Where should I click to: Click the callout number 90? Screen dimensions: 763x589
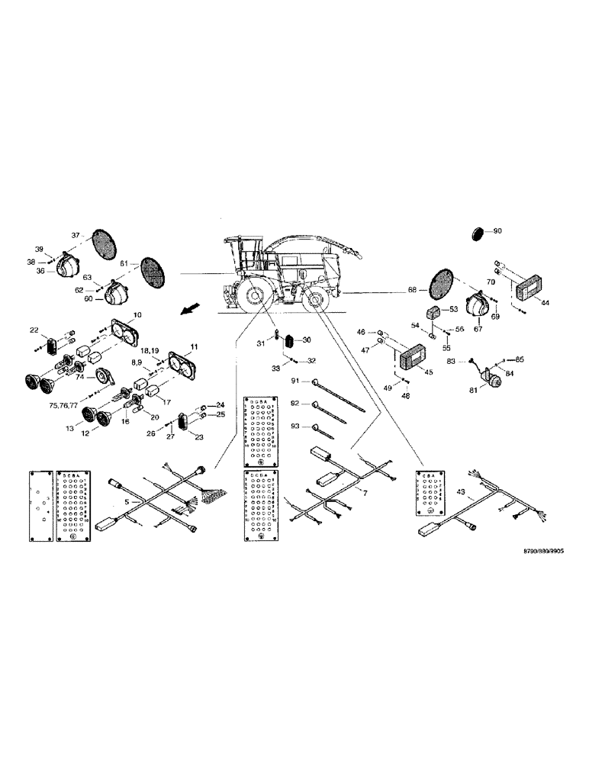497,230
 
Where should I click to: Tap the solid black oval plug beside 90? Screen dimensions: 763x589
479,230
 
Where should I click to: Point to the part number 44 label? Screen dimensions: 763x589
545,303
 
